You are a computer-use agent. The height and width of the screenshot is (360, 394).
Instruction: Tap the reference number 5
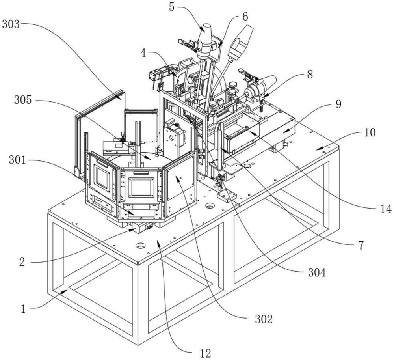tap(171, 7)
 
